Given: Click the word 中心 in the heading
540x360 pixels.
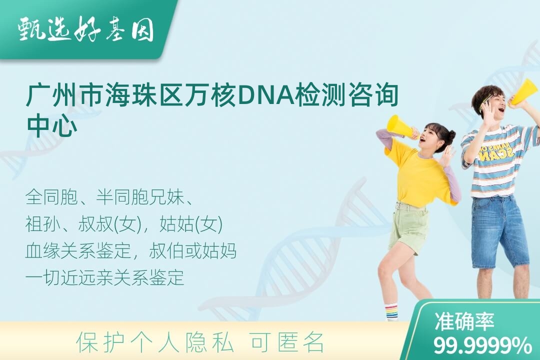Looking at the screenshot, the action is [51, 125].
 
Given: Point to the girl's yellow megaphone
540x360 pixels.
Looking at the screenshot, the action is [401, 127].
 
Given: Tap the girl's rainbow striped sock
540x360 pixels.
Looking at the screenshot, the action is [391, 311].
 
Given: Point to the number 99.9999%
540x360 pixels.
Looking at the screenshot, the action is [482, 345].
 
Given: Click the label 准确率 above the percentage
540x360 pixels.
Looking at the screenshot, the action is [464, 321].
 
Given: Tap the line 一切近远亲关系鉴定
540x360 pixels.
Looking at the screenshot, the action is [104, 277].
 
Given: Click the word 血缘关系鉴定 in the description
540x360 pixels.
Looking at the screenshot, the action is [78, 251].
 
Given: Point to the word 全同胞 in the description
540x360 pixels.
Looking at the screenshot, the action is [51, 197].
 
